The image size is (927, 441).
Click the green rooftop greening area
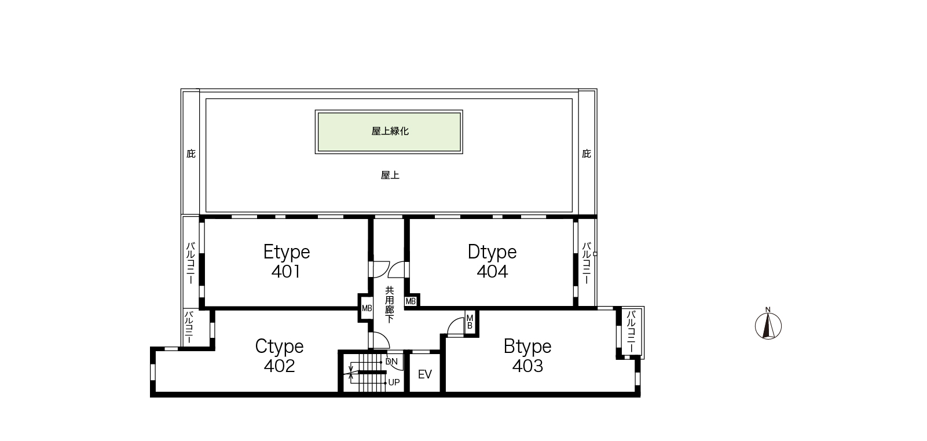tap(389, 132)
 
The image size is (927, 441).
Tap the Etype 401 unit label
tap(287, 261)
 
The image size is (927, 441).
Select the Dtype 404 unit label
tap(492, 261)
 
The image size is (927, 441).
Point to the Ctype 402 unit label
tap(279, 356)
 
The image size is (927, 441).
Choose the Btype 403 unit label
tap(527, 356)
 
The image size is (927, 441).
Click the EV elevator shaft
tap(425, 373)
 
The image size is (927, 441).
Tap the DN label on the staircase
tap(391, 362)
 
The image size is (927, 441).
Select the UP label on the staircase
tap(394, 382)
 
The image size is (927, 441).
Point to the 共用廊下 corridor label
tap(390, 304)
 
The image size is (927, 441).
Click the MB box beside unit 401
tap(367, 308)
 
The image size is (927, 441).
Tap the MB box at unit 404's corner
tap(411, 301)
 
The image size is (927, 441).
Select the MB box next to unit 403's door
tap(470, 322)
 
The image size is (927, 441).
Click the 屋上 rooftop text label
tap(390, 175)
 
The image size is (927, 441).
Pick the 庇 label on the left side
tap(190, 154)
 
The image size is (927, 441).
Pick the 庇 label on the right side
tap(587, 154)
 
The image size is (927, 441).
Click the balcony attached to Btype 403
tap(632, 331)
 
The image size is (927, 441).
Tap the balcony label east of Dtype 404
tap(587, 263)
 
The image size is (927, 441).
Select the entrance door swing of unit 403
tap(456, 326)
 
